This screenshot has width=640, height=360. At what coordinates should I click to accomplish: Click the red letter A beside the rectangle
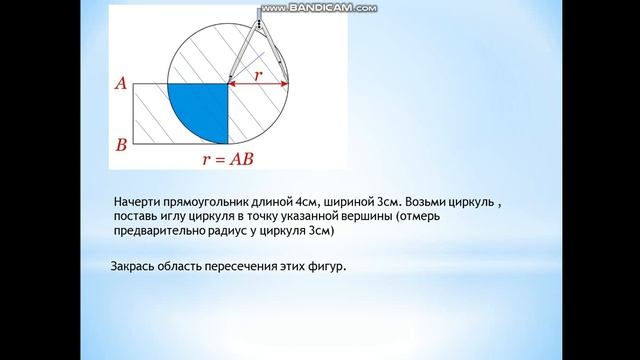pos(120,86)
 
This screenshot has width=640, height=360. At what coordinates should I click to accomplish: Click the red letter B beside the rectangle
pos(121,145)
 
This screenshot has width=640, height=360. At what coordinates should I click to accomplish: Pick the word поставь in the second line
pos(139,216)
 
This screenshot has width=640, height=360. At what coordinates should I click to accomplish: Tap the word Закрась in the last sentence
pos(133,265)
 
